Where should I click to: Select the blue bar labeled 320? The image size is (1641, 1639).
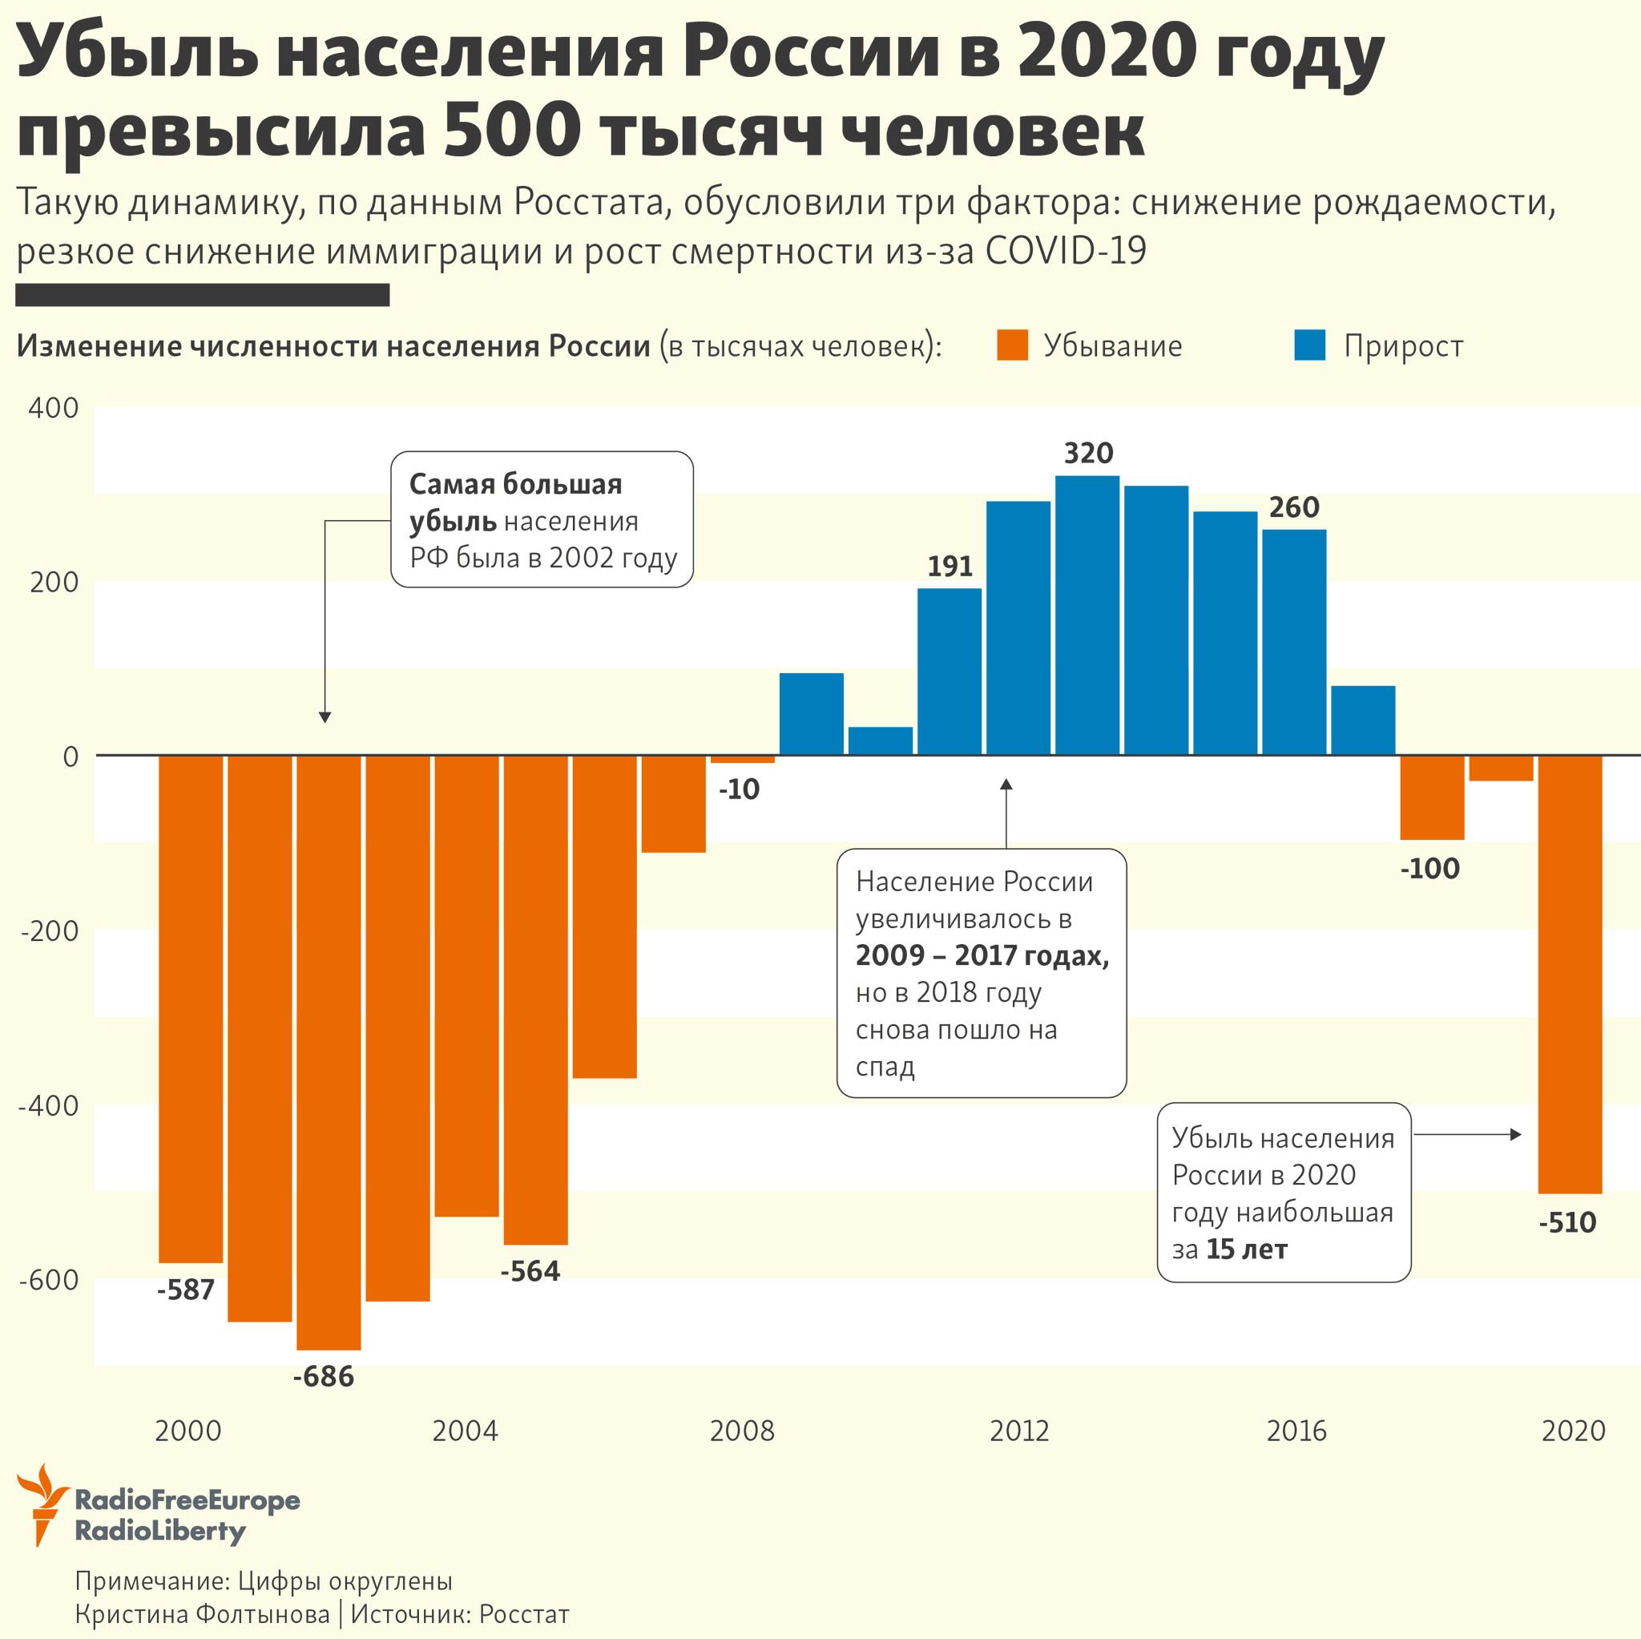pyautogui.click(x=1087, y=616)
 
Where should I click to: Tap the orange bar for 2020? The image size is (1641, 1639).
pyautogui.click(x=1570, y=974)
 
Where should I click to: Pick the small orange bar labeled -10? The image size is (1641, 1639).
pyautogui.click(x=742, y=759)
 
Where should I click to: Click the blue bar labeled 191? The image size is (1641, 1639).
pyautogui.click(x=949, y=672)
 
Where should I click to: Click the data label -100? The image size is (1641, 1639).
pyautogui.click(x=1429, y=868)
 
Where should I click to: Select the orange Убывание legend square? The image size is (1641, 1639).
pyautogui.click(x=1013, y=345)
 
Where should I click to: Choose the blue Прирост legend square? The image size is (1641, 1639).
pyautogui.click(x=1310, y=345)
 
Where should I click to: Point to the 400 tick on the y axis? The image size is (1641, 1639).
pyautogui.click(x=53, y=408)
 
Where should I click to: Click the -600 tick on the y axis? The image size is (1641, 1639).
pyautogui.click(x=48, y=1280)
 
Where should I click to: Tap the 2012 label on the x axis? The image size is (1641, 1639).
pyautogui.click(x=1019, y=1431)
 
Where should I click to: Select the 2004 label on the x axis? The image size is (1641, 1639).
pyautogui.click(x=465, y=1431)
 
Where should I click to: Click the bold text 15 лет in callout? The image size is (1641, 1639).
pyautogui.click(x=1246, y=1249)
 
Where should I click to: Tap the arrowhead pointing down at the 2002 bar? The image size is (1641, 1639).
pyautogui.click(x=325, y=717)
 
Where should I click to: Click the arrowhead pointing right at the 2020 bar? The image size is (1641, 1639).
pyautogui.click(x=1515, y=1134)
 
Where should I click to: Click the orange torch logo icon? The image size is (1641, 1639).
pyautogui.click(x=41, y=1504)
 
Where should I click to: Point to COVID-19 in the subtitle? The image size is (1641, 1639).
pyautogui.click(x=1065, y=251)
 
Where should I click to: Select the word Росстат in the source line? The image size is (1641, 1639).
pyautogui.click(x=524, y=1613)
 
